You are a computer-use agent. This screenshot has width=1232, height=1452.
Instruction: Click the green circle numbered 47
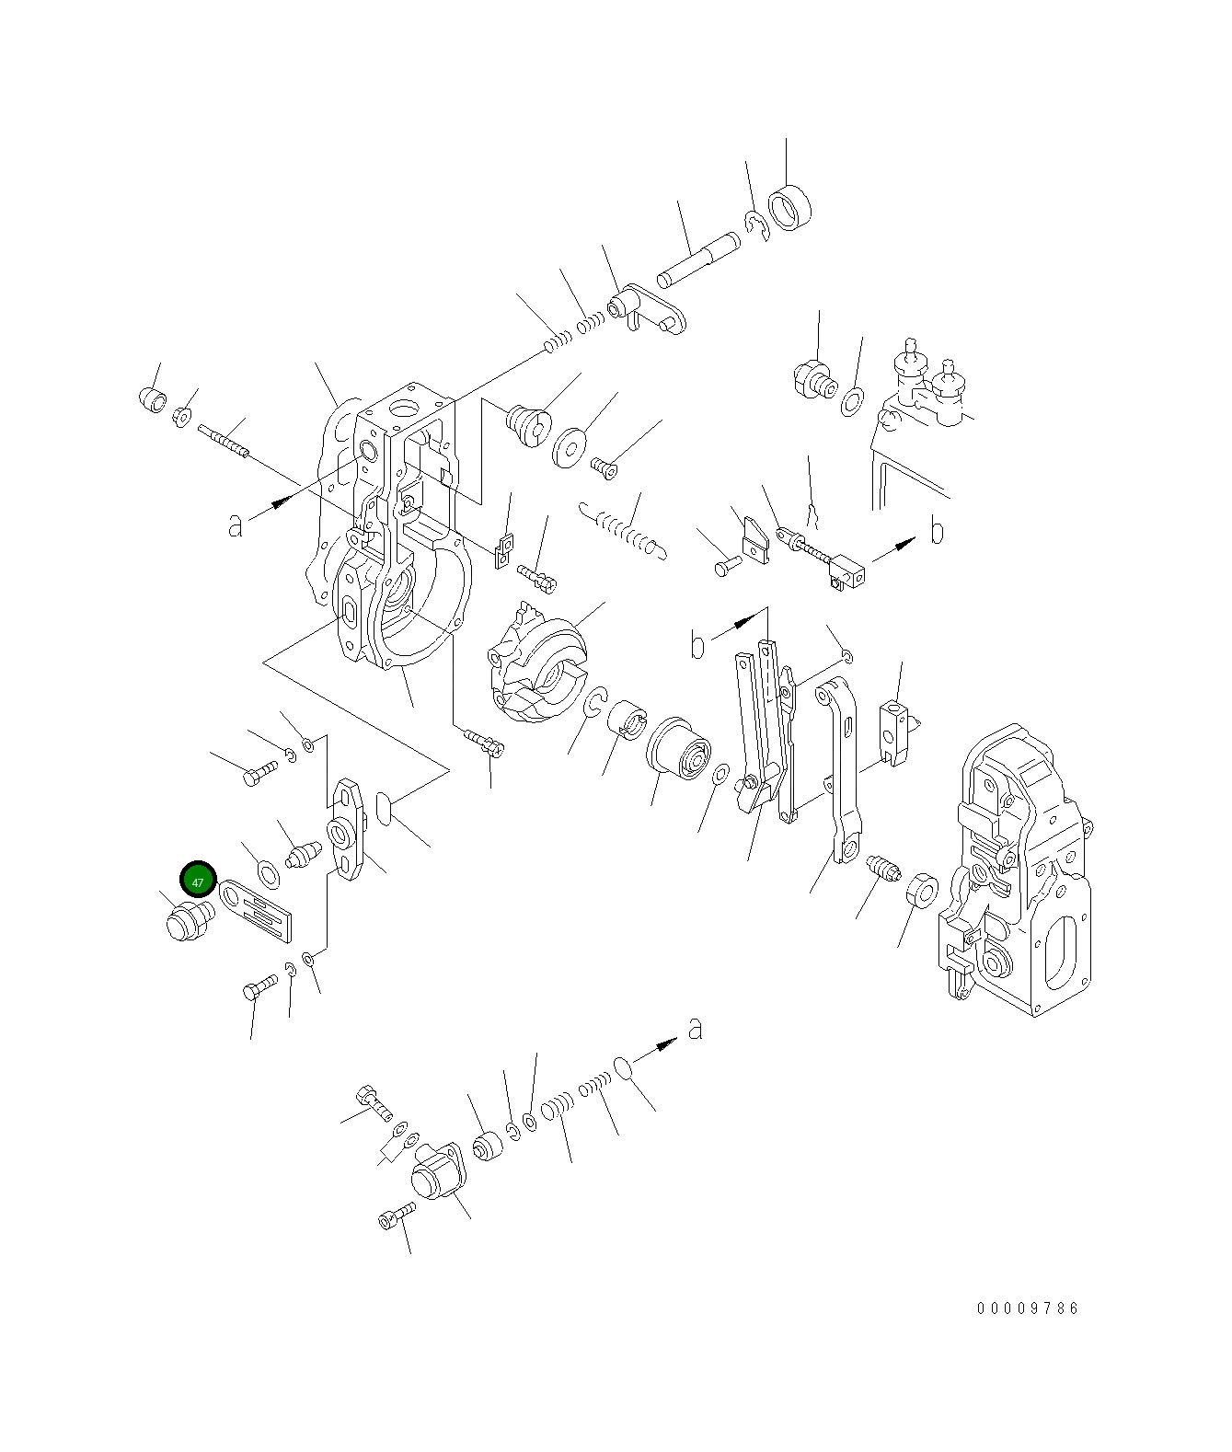point(198,881)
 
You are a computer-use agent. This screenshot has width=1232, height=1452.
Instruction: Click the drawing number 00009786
point(1028,1308)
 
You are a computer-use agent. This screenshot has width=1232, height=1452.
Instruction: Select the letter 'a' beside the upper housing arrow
point(236,525)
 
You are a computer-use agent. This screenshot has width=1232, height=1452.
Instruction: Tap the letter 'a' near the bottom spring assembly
point(696,1028)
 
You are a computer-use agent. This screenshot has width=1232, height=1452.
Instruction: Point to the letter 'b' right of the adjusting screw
point(937,531)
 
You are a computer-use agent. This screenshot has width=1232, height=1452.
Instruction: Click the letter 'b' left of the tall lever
point(698,646)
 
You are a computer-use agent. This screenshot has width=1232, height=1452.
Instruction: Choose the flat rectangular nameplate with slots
point(259,907)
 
